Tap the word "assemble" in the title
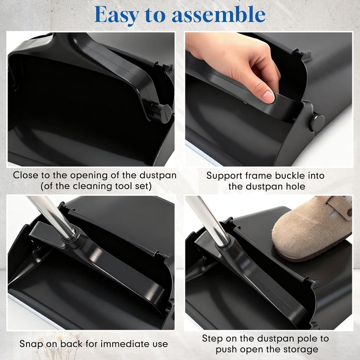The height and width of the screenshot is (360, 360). [x=219, y=15]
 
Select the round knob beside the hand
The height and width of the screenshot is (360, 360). [x=317, y=121]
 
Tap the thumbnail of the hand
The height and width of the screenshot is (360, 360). [x=269, y=95]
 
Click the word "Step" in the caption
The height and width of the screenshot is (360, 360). [x=212, y=338]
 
